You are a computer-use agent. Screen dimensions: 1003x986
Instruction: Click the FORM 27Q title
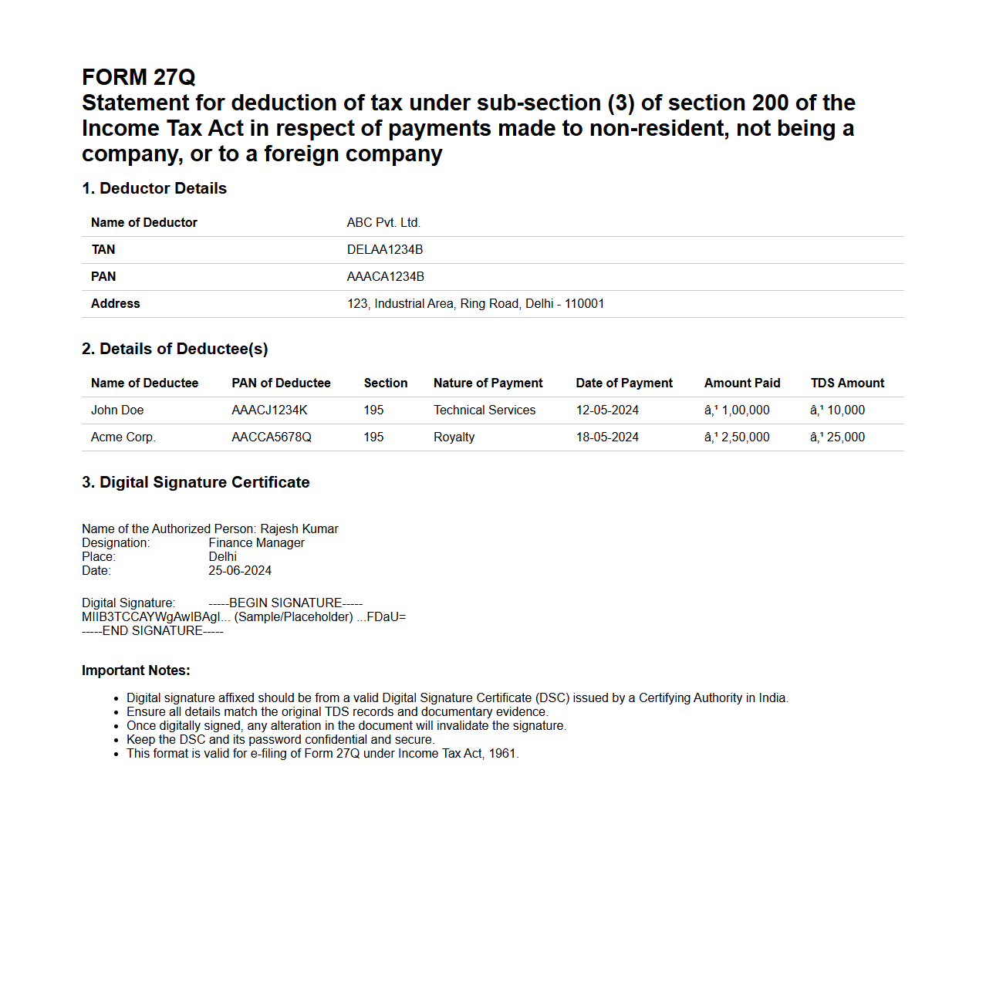pyautogui.click(x=139, y=77)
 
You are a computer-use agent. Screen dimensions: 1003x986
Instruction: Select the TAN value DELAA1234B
pyautogui.click(x=384, y=250)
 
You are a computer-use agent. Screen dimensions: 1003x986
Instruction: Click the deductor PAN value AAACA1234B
pyautogui.click(x=385, y=277)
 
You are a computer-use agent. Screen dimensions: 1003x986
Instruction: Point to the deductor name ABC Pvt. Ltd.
pyautogui.click(x=383, y=223)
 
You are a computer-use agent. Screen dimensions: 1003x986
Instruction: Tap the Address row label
pyautogui.click(x=115, y=304)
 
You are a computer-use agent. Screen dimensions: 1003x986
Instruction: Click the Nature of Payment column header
pyautogui.click(x=488, y=383)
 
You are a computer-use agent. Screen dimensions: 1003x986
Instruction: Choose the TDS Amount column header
pyautogui.click(x=847, y=383)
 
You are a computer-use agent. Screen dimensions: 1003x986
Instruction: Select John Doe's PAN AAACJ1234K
pyautogui.click(x=269, y=410)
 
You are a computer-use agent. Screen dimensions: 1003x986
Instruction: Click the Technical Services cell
pyautogui.click(x=484, y=410)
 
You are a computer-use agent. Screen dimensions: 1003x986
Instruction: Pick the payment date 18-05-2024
pyautogui.click(x=607, y=437)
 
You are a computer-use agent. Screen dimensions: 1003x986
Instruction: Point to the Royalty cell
pyautogui.click(x=454, y=437)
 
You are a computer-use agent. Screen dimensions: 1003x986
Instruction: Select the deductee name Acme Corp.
pyautogui.click(x=123, y=437)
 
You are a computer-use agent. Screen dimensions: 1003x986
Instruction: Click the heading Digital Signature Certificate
pyautogui.click(x=196, y=483)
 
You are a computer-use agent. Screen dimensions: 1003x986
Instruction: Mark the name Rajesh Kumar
pyautogui.click(x=299, y=529)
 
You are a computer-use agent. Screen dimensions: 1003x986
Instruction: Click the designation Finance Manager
pyautogui.click(x=256, y=543)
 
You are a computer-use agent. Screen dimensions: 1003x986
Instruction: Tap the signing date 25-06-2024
pyautogui.click(x=240, y=571)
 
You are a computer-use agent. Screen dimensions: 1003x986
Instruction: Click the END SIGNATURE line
pyautogui.click(x=153, y=631)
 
